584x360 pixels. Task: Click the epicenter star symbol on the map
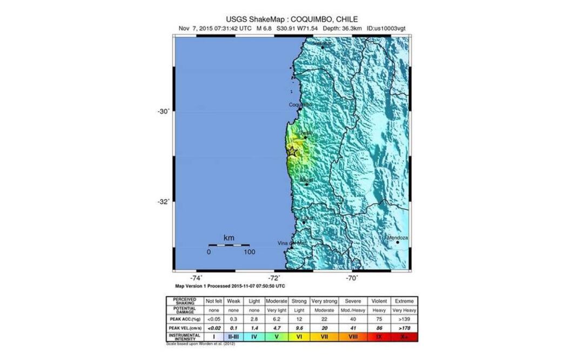(x=292, y=151)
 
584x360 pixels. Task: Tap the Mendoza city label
(x=397, y=238)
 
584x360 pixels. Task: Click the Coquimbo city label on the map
(x=300, y=105)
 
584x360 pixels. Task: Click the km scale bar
(x=229, y=245)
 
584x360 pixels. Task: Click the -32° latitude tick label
(x=163, y=202)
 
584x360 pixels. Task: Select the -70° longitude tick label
(x=352, y=278)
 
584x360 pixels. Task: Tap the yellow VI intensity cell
(x=300, y=337)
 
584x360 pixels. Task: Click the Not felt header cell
(x=213, y=301)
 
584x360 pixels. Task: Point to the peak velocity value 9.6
(x=300, y=328)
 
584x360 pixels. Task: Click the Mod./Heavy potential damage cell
(x=352, y=310)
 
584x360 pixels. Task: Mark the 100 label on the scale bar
(x=249, y=252)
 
